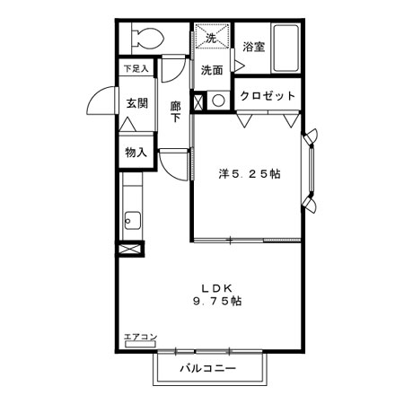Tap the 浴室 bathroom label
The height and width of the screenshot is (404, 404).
point(252,47)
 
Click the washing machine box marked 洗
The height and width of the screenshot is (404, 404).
point(212,40)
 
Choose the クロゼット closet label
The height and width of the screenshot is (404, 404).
point(267,96)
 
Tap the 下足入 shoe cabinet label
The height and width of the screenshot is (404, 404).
point(136,67)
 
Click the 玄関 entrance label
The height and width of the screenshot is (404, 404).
point(136,103)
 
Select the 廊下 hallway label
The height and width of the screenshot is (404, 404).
point(176,111)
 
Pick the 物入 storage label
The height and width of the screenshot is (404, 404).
point(136,152)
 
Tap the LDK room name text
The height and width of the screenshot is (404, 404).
point(216,287)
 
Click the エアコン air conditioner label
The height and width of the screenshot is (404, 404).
point(140,338)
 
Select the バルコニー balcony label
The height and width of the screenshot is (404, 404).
point(212,368)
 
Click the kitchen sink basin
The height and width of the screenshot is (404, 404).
point(132,219)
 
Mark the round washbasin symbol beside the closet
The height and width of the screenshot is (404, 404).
point(217,100)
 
